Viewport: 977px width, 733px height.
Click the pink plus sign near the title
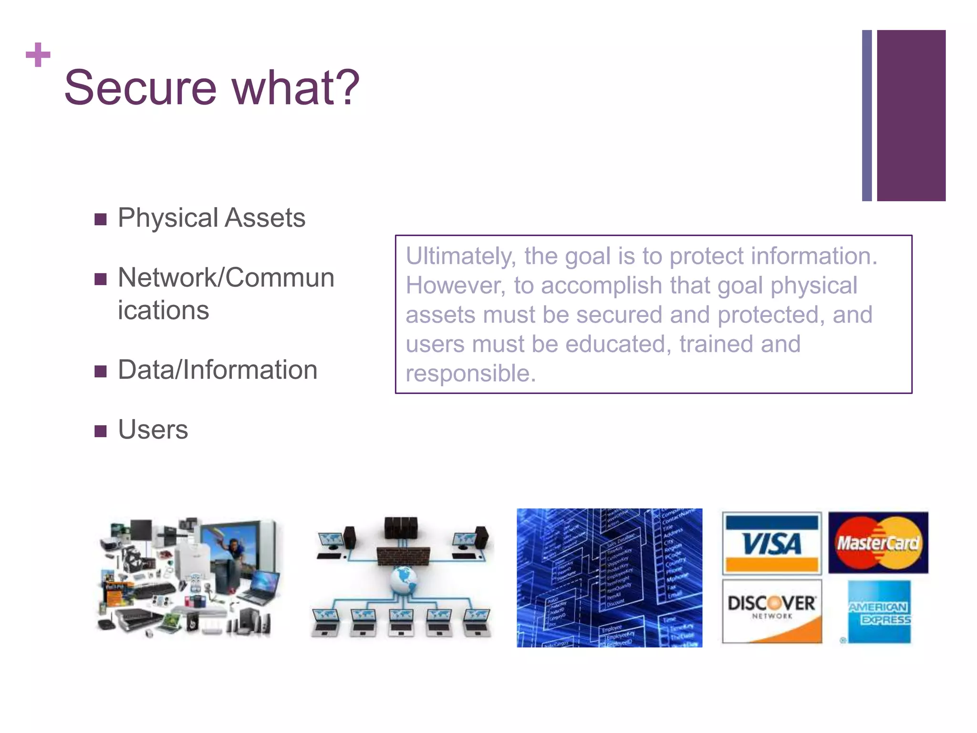pyautogui.click(x=38, y=54)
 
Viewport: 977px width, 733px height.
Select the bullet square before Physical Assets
pyautogui.click(x=100, y=219)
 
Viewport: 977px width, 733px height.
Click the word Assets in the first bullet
pyautogui.click(x=265, y=218)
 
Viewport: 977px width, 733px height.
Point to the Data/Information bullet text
pyautogui.click(x=218, y=370)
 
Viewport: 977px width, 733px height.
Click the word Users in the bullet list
pyautogui.click(x=153, y=429)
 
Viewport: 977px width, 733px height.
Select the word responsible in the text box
pyautogui.click(x=470, y=373)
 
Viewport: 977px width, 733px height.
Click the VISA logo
pyautogui.click(x=771, y=543)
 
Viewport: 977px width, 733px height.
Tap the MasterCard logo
pyautogui.click(x=878, y=543)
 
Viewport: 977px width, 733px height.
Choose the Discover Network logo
pyautogui.click(x=771, y=611)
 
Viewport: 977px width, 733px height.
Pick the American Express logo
pyautogui.click(x=879, y=612)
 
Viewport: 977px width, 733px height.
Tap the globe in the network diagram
pyautogui.click(x=403, y=580)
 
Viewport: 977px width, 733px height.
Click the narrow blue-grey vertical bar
pyautogui.click(x=867, y=115)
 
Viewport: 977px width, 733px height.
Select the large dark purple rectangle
pyautogui.click(x=911, y=115)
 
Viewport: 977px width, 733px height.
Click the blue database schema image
pyautogui.click(x=609, y=577)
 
